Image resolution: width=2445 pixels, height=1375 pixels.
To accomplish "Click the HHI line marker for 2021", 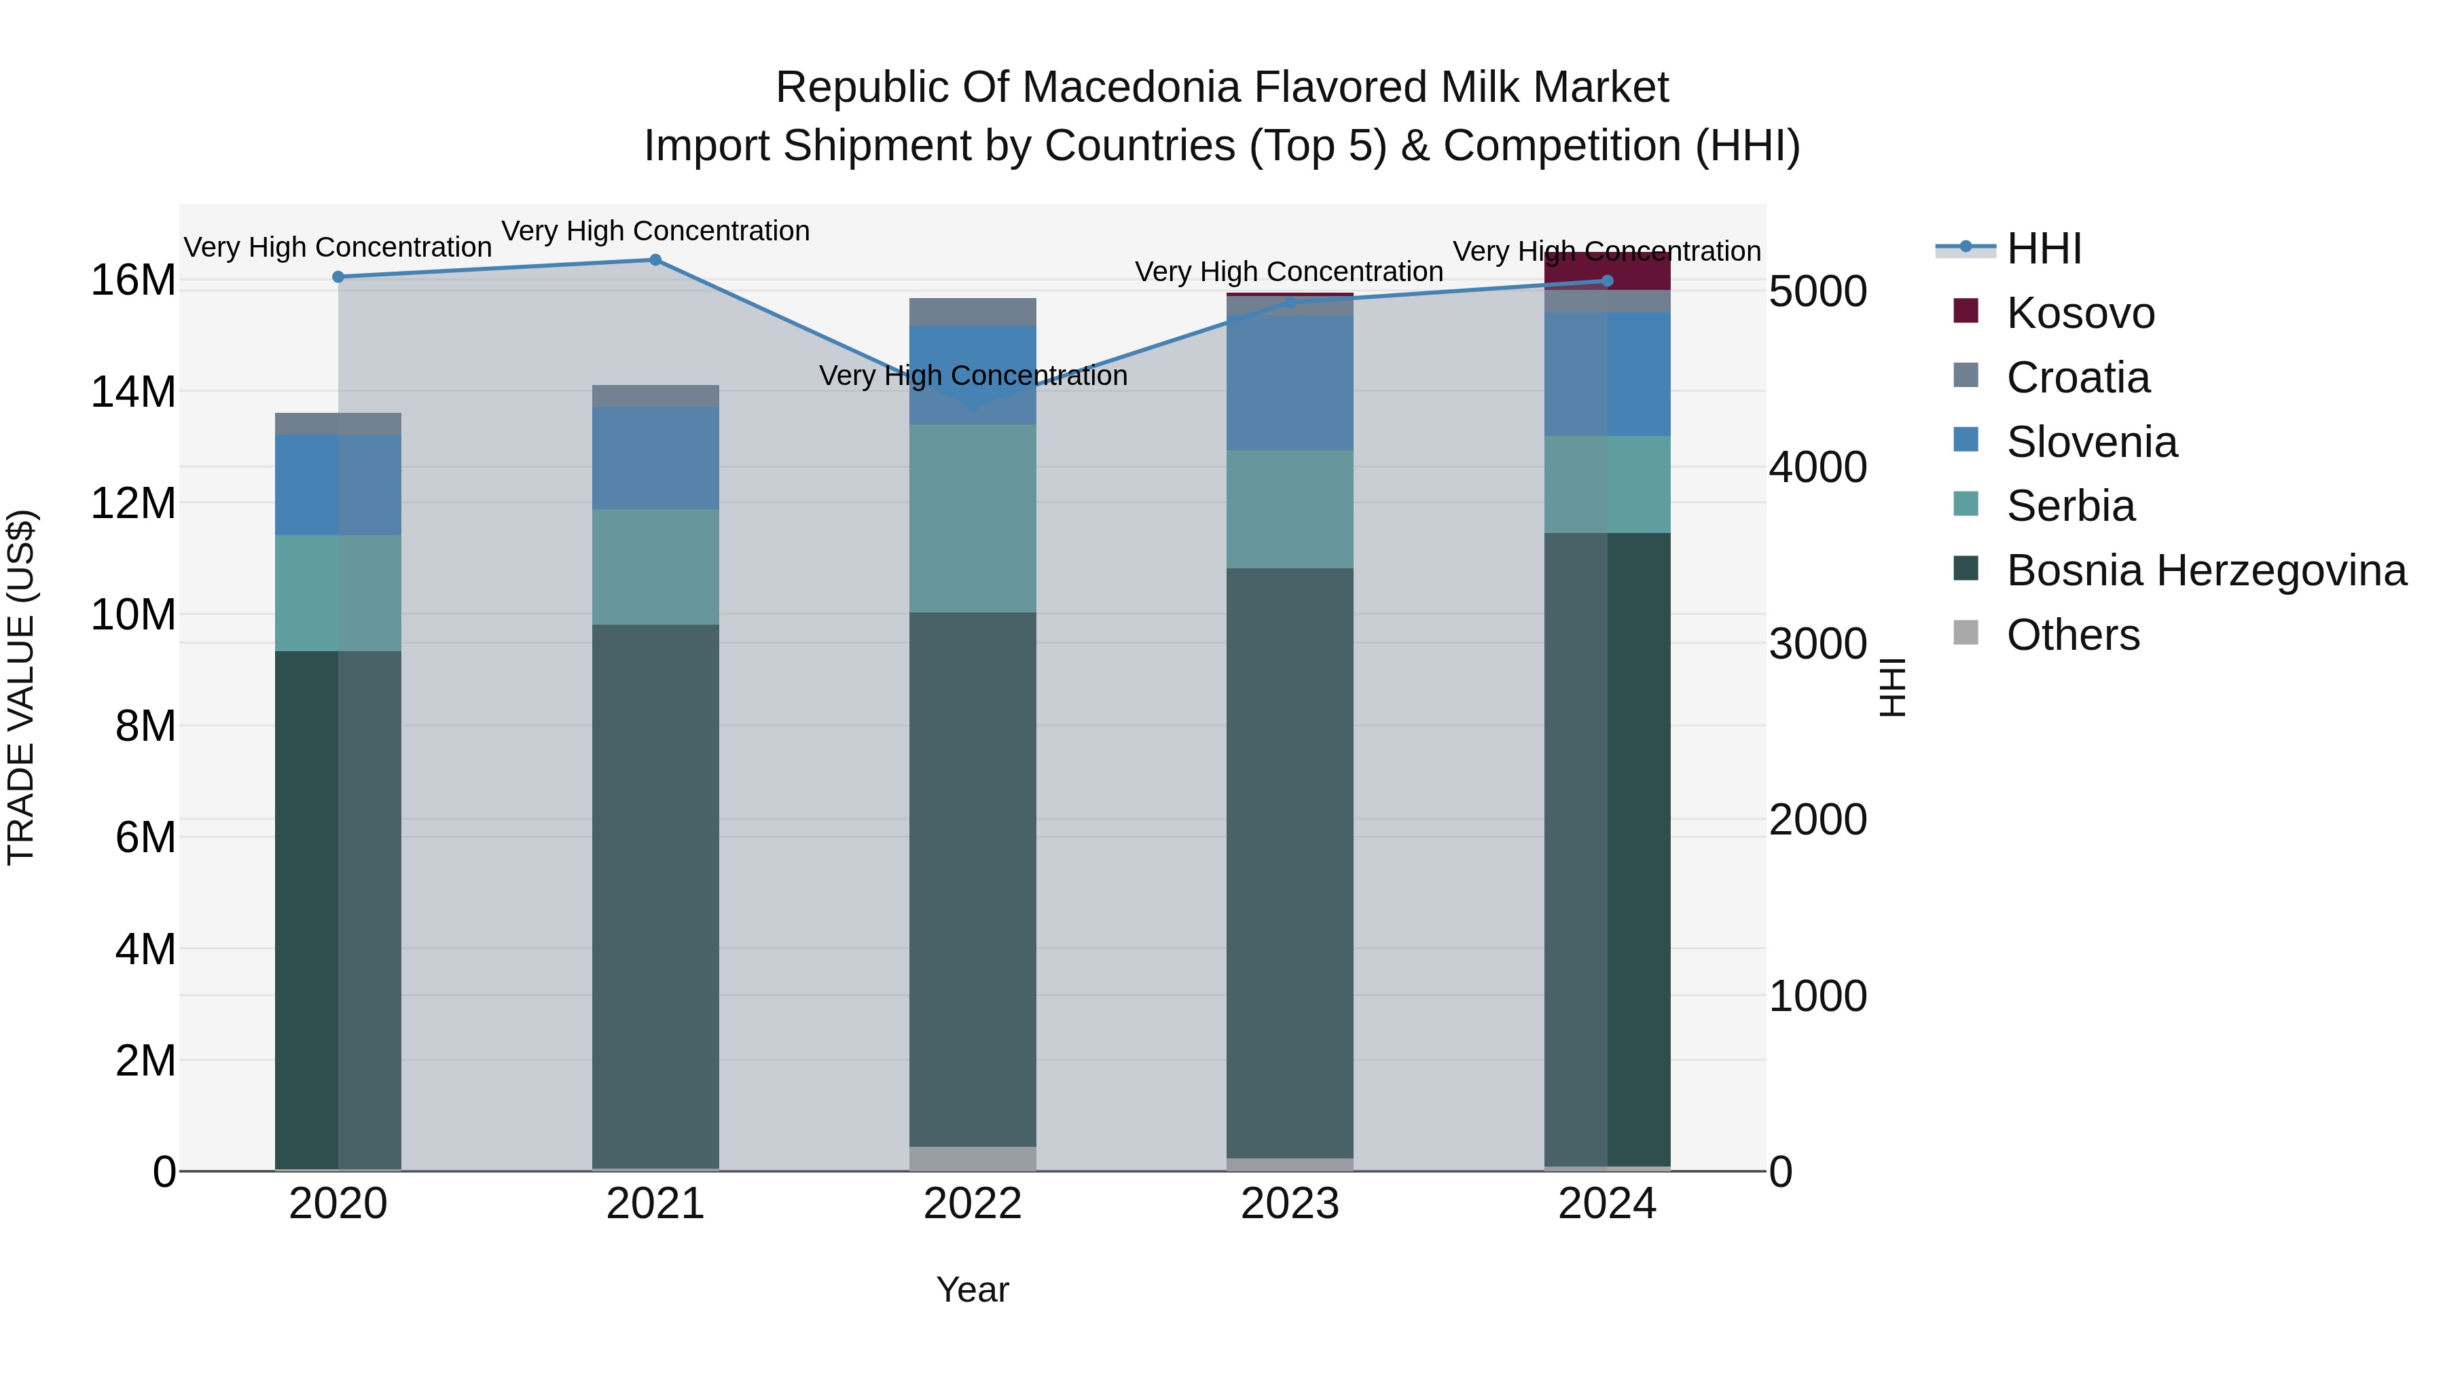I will (655, 260).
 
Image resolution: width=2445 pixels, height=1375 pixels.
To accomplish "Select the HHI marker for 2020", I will (338, 277).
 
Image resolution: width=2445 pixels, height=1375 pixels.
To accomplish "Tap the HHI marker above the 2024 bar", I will (1607, 281).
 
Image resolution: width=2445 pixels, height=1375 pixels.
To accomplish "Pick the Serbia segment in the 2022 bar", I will (972, 518).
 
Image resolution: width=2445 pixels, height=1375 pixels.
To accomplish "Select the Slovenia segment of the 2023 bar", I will (1289, 382).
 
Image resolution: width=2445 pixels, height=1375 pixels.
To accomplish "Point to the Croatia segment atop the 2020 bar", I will (338, 423).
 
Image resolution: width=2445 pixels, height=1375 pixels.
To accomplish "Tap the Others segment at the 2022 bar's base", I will (972, 1158).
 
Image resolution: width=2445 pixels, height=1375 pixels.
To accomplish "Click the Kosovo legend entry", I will (2080, 313).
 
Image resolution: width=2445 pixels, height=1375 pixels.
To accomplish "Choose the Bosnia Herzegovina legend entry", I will (2206, 570).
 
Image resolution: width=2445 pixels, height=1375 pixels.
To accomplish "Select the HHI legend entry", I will (2044, 249).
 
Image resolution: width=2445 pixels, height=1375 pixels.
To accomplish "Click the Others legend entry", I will (2072, 635).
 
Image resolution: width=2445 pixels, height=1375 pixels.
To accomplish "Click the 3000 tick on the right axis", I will (1817, 644).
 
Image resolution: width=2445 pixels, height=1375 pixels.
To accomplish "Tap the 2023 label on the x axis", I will (1289, 1204).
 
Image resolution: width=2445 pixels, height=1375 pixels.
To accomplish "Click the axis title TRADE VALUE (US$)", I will (21, 687).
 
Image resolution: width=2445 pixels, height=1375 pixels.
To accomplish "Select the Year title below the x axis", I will (972, 1289).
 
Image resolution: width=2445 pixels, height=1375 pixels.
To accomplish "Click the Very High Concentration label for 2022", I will (972, 375).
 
